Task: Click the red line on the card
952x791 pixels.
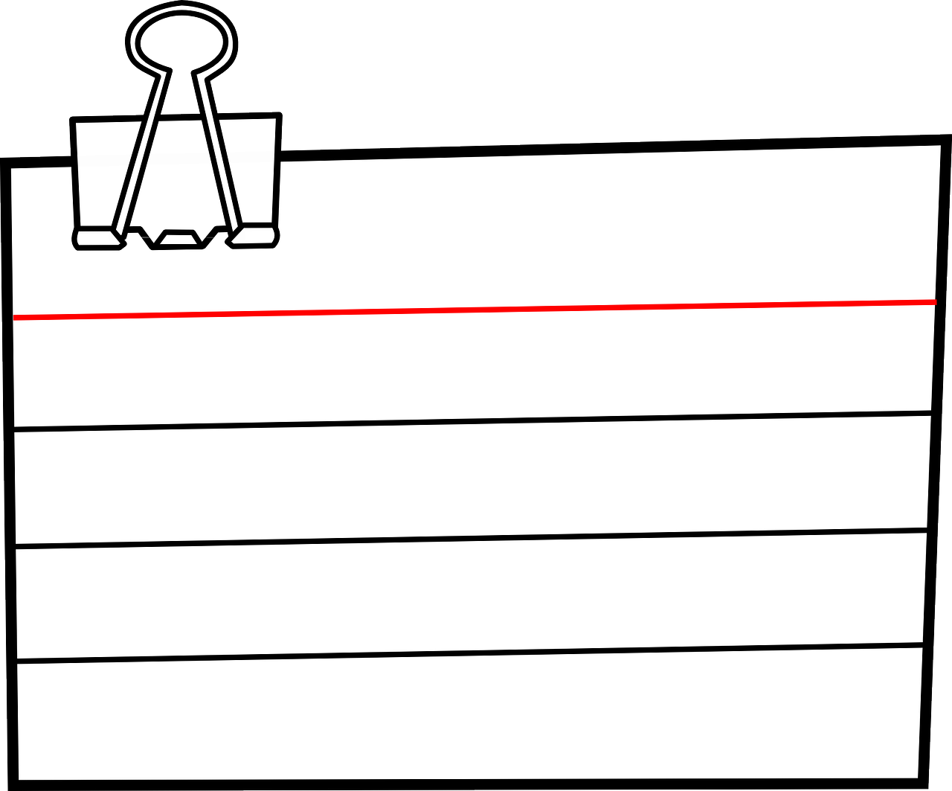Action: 476,310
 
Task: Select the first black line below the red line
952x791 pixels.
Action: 476,420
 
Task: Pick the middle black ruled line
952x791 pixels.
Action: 476,537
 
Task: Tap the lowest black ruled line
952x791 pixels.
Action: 476,653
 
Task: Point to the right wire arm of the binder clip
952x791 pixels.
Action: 215,149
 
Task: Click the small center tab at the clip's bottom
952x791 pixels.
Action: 177,238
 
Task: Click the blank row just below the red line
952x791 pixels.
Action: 476,365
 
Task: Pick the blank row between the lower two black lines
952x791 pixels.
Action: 476,595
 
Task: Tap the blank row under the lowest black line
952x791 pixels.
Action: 476,714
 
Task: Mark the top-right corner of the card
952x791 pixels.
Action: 946,139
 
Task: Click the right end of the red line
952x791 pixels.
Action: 934,301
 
